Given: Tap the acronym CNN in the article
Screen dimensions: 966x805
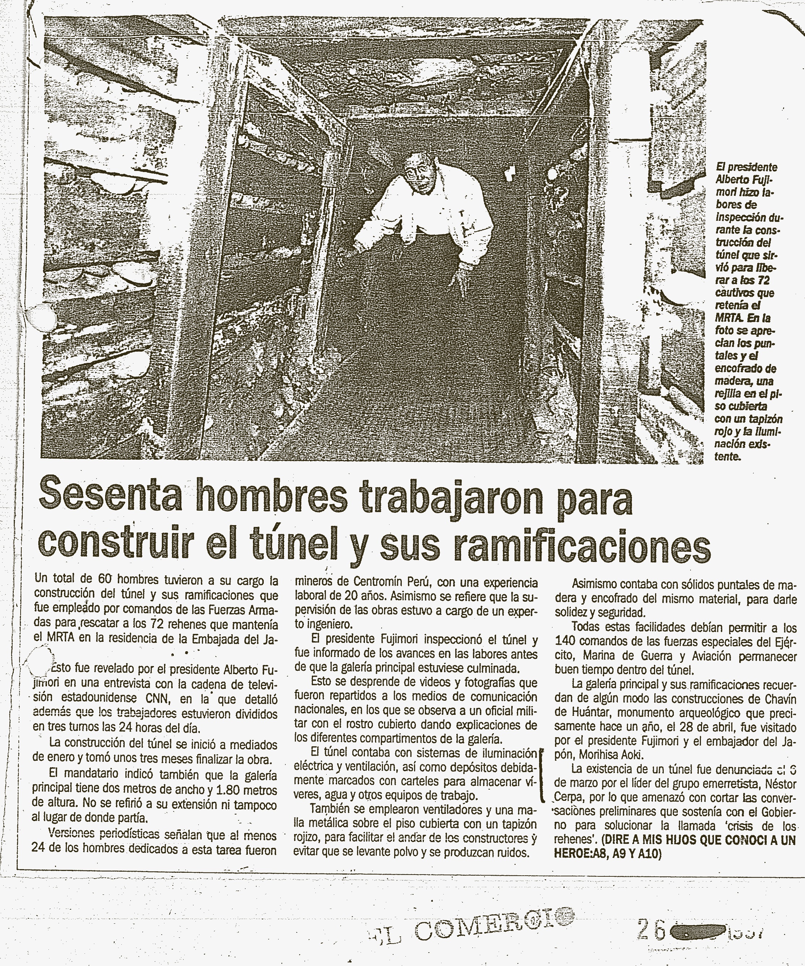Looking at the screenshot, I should pyautogui.click(x=160, y=699).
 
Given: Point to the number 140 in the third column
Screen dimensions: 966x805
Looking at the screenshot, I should pyautogui.click(x=566, y=641).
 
